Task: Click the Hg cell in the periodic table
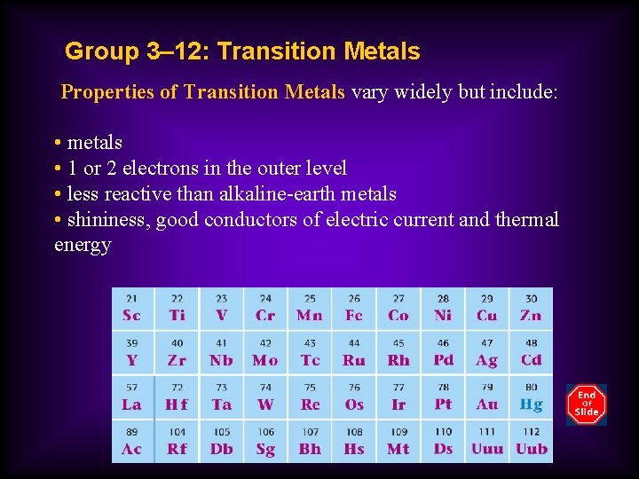coord(531,397)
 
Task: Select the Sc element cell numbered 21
coord(131,308)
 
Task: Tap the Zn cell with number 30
coord(531,308)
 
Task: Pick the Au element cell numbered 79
coord(486,397)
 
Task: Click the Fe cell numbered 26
coord(353,308)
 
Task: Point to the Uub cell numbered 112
coord(531,441)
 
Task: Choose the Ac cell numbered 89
coord(131,441)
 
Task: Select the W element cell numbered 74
coord(264,397)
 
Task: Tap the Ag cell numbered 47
coord(486,352)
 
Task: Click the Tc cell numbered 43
coord(309,352)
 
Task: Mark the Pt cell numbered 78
coord(442,397)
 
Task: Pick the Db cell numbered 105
coord(220,441)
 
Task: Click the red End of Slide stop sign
coord(586,404)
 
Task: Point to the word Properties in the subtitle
coord(107,92)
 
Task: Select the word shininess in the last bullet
coord(106,220)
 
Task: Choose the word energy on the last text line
coord(83,245)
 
